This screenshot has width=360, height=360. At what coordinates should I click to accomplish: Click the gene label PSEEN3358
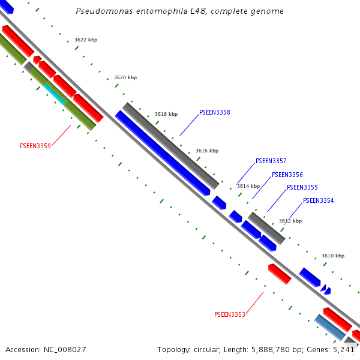click(214, 112)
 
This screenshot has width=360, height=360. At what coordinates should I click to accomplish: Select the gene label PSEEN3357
click(271, 161)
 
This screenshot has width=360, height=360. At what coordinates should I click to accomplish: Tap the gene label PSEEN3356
click(287, 175)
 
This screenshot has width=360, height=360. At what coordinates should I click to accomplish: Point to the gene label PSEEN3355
click(302, 187)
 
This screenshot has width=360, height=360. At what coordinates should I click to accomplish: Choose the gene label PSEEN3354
click(318, 200)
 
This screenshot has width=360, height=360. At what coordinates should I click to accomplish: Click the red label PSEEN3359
click(35, 146)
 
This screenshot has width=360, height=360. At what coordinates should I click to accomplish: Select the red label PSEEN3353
click(229, 314)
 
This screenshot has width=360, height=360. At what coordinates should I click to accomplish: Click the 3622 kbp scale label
click(86, 40)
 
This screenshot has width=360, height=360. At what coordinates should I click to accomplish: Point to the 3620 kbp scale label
click(125, 77)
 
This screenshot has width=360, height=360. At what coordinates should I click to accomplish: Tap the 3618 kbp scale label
click(166, 114)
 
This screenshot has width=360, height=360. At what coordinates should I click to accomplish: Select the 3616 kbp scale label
click(207, 151)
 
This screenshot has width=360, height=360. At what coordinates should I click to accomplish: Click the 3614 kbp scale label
click(248, 186)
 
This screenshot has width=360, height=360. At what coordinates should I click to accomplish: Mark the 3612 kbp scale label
click(290, 221)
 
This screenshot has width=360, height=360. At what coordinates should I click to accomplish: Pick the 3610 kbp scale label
click(333, 256)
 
